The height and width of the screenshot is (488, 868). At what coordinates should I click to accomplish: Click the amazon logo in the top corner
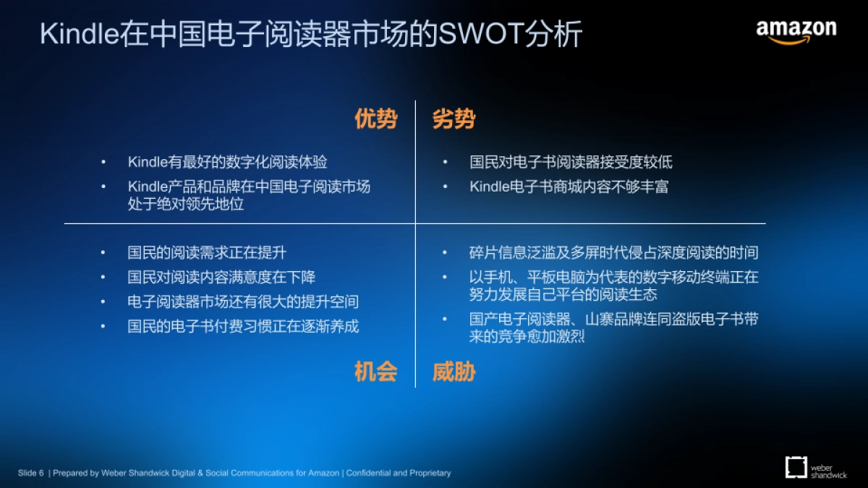(x=796, y=31)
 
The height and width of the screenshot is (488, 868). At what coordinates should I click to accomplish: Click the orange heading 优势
(x=375, y=119)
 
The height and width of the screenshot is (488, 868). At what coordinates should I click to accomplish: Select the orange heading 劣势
(x=454, y=119)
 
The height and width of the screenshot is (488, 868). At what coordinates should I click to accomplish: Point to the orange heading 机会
(x=375, y=372)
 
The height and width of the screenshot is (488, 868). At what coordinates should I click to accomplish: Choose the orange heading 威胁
(x=454, y=372)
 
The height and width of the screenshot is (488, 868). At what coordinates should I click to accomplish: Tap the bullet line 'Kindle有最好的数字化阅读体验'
(x=228, y=162)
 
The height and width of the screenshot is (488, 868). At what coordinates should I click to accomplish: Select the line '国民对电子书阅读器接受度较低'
(x=571, y=162)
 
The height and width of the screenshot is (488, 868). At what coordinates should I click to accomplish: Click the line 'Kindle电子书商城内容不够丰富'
(x=569, y=187)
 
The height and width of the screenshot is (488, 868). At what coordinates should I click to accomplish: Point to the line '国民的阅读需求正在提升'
(x=207, y=252)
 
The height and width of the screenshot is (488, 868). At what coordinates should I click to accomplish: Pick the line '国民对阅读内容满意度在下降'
(x=221, y=277)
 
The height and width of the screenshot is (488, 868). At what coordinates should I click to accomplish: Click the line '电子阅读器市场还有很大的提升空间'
(x=243, y=301)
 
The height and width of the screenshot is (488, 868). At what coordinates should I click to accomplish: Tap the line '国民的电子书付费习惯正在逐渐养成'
(x=243, y=326)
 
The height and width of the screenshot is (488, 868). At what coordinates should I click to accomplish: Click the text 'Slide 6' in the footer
(x=31, y=473)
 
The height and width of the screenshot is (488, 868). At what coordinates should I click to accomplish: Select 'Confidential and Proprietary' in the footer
(x=399, y=473)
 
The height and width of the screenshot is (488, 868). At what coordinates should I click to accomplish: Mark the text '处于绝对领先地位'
(x=186, y=204)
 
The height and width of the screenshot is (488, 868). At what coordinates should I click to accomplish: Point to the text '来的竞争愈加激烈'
(x=527, y=336)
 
